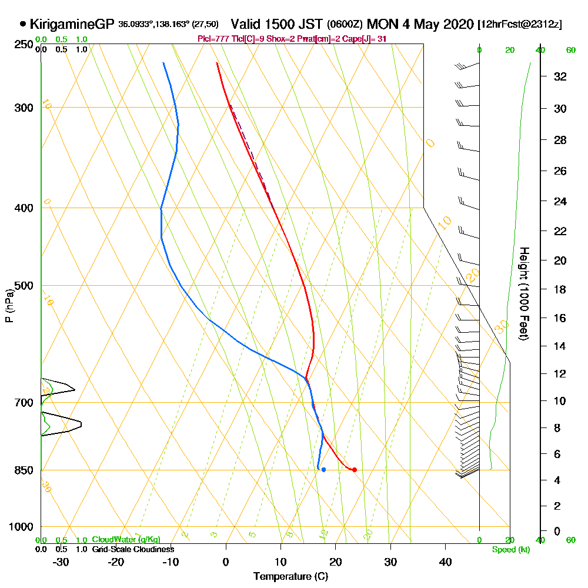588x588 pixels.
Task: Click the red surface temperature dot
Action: [354, 469]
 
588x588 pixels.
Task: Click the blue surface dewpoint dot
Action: [323, 469]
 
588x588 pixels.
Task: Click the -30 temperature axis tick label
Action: [61, 562]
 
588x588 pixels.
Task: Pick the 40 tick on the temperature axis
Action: [445, 562]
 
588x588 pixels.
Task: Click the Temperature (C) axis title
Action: [290, 576]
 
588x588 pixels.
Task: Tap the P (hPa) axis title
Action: [9, 306]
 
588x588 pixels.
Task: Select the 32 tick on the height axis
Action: [561, 76]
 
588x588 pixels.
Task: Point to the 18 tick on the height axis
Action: [561, 289]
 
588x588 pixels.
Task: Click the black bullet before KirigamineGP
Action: [23, 25]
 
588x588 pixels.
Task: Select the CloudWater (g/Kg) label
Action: [126, 540]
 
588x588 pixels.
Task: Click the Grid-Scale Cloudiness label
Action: [132, 549]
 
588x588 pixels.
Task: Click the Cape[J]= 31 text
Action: [363, 39]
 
